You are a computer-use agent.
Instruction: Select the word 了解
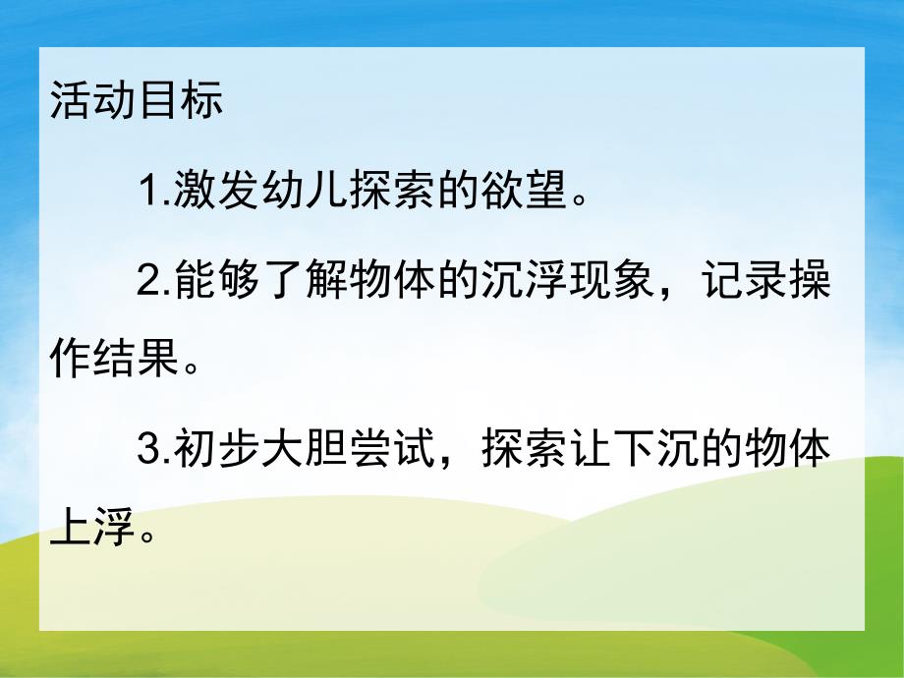(x=305, y=283)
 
